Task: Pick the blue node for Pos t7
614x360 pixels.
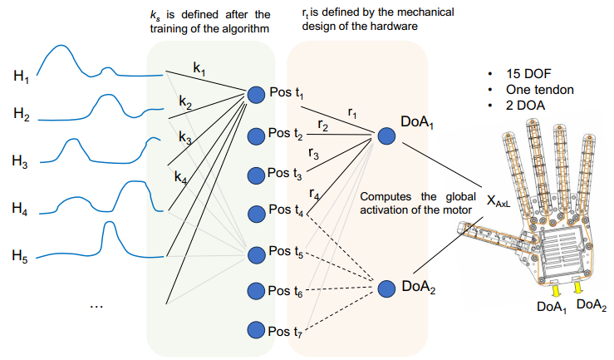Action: click(256, 330)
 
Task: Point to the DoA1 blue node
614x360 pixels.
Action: click(386, 136)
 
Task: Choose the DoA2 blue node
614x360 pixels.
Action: click(386, 288)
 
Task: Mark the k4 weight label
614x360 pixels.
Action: click(181, 175)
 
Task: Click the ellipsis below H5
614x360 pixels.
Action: click(97, 305)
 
